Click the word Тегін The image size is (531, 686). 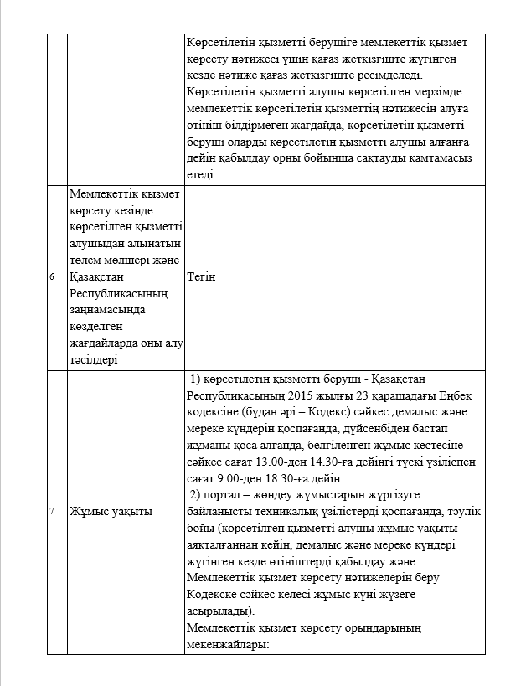[202, 276]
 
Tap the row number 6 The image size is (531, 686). [52, 276]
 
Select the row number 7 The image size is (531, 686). [52, 511]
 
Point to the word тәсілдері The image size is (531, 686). [95, 359]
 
